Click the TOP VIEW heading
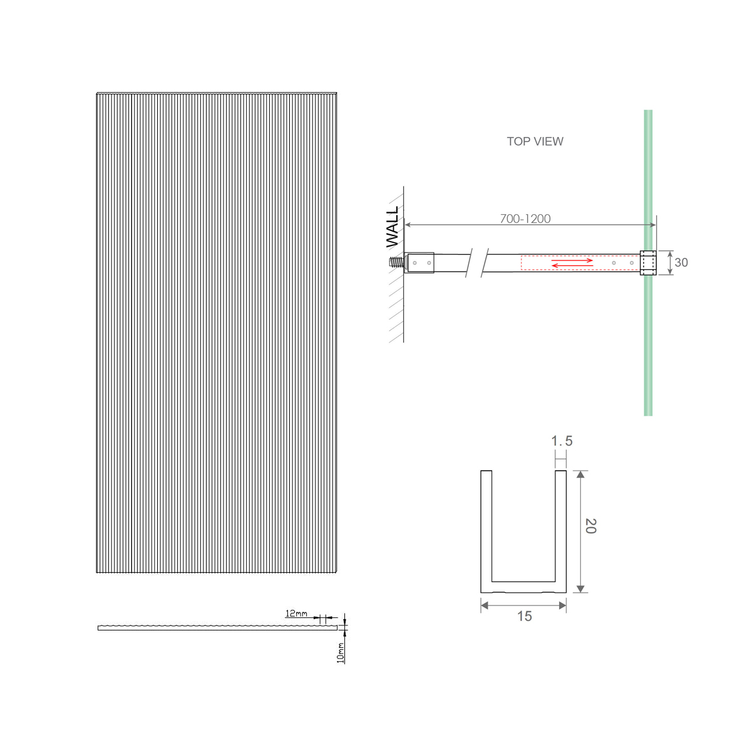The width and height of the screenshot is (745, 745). (535, 141)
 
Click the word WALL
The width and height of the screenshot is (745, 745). (393, 227)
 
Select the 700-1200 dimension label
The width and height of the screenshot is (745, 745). (525, 218)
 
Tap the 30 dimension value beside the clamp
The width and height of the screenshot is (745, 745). (681, 263)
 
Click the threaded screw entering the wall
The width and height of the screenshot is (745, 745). (396, 263)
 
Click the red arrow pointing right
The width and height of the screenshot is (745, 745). (572, 260)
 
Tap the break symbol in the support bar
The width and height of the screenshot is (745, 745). (479, 263)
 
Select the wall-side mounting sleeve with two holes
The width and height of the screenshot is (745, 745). (421, 263)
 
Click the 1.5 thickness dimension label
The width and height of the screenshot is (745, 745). (562, 441)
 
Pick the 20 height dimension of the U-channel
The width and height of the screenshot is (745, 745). (590, 526)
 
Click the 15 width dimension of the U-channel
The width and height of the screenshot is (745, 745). (524, 617)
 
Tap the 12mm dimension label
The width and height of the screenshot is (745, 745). (296, 614)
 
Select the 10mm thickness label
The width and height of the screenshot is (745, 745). (341, 652)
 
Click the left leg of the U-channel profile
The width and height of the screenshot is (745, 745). (486, 526)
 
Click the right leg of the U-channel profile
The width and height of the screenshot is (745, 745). (560, 526)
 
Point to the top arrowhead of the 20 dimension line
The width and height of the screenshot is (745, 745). (580, 475)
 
